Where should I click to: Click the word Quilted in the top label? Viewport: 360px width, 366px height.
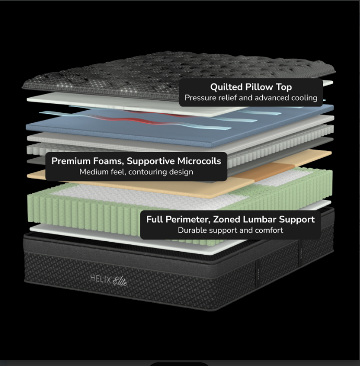(226, 87)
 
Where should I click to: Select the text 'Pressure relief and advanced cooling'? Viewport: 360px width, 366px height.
(251, 98)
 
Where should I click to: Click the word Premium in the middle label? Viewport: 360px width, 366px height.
(71, 161)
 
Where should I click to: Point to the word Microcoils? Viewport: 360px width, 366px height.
(199, 161)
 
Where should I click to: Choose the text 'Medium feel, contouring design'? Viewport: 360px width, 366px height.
(136, 172)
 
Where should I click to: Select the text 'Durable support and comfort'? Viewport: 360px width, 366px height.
(230, 230)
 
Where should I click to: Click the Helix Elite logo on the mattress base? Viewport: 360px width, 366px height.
(109, 280)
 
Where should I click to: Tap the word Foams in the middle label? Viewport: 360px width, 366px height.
(109, 161)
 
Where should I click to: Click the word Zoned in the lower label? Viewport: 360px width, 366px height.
(227, 219)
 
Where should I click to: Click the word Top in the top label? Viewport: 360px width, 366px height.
(284, 87)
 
